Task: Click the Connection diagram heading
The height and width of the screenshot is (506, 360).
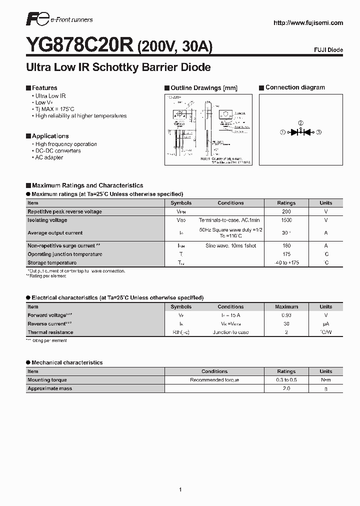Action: pos(295,87)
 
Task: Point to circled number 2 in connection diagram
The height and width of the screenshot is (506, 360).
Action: pos(300,123)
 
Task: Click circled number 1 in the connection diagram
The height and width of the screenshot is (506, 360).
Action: pos(282,132)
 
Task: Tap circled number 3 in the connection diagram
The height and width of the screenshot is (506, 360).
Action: pos(318,132)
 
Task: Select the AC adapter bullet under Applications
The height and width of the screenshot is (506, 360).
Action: pos(49,157)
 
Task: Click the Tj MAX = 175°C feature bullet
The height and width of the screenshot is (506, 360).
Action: pos(54,109)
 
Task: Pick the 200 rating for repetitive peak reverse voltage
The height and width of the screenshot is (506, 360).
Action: pos(286,211)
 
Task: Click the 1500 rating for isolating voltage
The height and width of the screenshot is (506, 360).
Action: pos(286,220)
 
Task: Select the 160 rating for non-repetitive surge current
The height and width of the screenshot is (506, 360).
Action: pos(286,245)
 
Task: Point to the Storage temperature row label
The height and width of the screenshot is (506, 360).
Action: pos(52,262)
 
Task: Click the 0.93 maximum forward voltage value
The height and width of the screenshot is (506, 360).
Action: pos(286,315)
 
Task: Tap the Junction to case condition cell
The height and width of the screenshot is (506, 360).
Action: pos(230,332)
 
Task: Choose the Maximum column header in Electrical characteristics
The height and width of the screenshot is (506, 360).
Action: pos(286,307)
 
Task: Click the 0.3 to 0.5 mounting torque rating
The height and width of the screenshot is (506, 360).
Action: pos(286,380)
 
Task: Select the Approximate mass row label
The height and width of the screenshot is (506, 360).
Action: pos(49,388)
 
